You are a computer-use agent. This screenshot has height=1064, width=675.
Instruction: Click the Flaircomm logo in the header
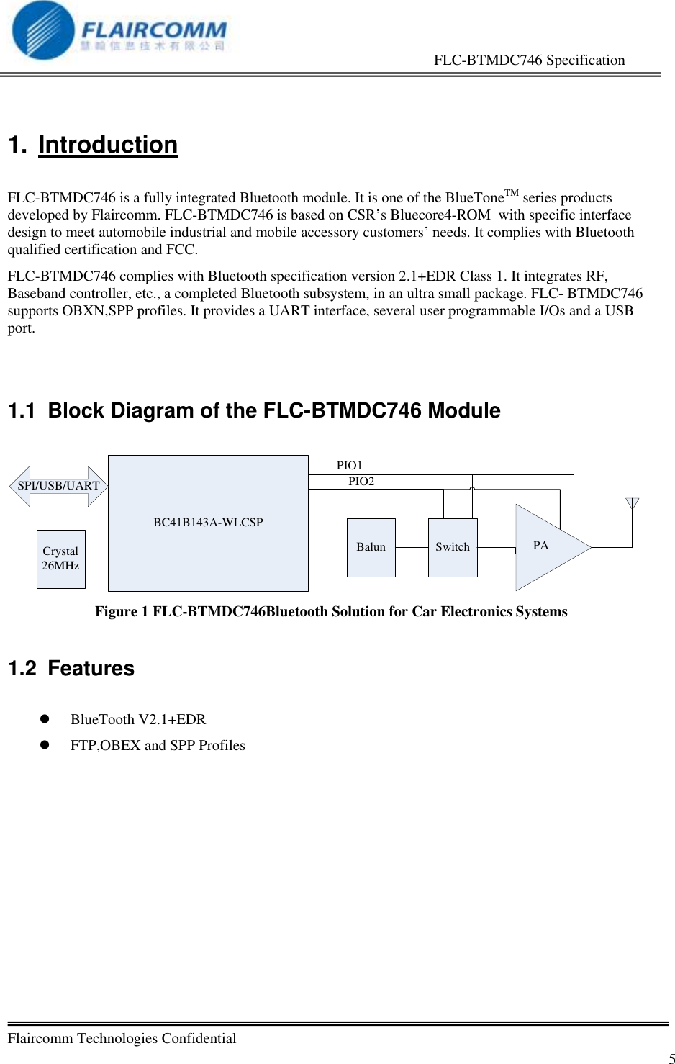(x=119, y=30)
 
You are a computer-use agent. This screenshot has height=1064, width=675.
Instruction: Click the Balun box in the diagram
(x=371, y=547)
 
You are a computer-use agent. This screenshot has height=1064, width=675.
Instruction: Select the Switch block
(x=453, y=547)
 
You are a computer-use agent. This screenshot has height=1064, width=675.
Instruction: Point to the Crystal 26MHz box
(x=60, y=559)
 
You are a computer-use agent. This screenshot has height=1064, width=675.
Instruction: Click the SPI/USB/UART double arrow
(x=58, y=486)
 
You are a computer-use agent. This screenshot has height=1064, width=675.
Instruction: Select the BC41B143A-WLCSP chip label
(x=208, y=522)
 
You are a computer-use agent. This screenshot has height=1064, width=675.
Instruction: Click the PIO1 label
(x=350, y=466)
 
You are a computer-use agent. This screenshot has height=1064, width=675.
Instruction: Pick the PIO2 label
(x=361, y=482)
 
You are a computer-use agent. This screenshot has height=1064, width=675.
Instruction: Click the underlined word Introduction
(x=108, y=145)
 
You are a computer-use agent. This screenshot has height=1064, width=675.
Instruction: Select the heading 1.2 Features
(x=71, y=668)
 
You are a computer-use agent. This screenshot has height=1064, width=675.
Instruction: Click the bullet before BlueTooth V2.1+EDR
(x=45, y=719)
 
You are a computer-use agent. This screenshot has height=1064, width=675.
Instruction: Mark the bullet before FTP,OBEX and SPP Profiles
(x=45, y=745)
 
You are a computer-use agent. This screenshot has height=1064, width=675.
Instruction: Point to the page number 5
(x=671, y=1058)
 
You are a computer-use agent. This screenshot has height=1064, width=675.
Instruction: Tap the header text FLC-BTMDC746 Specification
(x=529, y=60)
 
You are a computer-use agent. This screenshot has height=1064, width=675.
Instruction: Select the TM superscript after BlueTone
(x=511, y=193)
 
